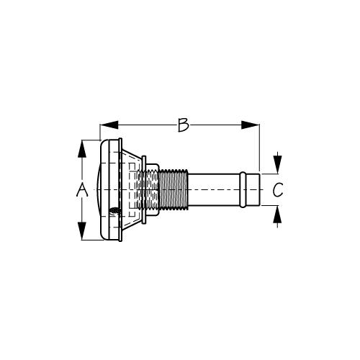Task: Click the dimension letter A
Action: [82, 189]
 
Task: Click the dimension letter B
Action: [183, 125]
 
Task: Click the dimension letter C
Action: [278, 189]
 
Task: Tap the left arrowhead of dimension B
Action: [109, 125]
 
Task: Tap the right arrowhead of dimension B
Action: [251, 125]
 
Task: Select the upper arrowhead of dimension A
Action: [82, 149]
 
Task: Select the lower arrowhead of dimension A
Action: [82, 231]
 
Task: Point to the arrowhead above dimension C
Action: [278, 165]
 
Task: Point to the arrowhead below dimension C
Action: [278, 215]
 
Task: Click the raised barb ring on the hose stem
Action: [243, 189]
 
